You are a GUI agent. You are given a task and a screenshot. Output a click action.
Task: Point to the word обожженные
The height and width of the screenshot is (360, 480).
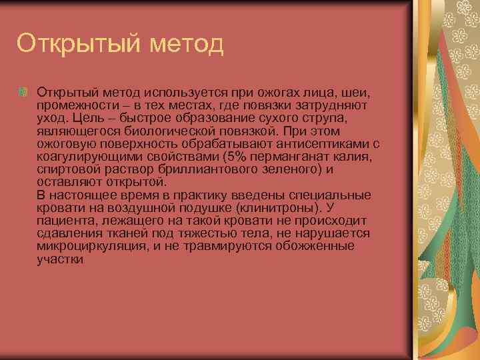(x=313, y=247)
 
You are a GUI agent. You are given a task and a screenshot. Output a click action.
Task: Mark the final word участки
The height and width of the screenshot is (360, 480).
(x=61, y=260)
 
